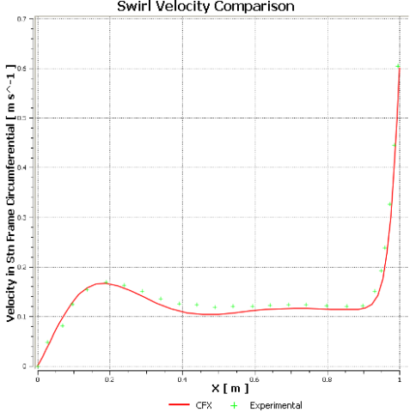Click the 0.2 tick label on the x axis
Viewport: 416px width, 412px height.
(x=109, y=377)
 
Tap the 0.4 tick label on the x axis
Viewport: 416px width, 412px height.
(x=182, y=377)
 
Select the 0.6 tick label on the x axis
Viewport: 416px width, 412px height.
(x=254, y=377)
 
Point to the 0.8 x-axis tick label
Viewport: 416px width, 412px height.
(x=327, y=377)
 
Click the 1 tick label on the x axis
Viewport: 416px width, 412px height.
(x=400, y=377)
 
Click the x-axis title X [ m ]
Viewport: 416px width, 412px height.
(x=218, y=388)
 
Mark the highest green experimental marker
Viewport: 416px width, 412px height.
(x=398, y=66)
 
